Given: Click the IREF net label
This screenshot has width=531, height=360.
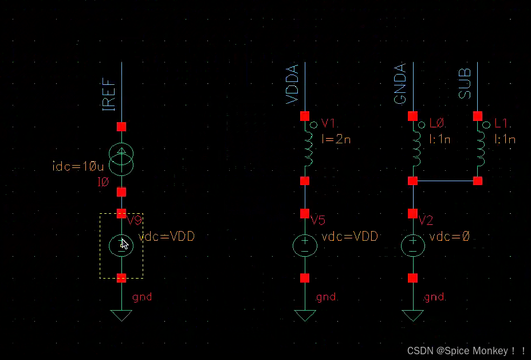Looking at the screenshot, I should pyautogui.click(x=109, y=95).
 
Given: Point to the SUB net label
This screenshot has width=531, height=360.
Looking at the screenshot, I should pyautogui.click(x=465, y=84).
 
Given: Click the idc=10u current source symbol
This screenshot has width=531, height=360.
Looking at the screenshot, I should pyautogui.click(x=121, y=159).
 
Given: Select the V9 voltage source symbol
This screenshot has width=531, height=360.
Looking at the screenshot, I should pyautogui.click(x=121, y=246).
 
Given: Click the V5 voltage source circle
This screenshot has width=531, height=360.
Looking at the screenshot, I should pyautogui.click(x=305, y=246).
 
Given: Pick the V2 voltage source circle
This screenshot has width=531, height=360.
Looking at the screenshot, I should pyautogui.click(x=412, y=246).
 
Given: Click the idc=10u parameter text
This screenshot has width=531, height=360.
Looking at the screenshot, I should pyautogui.click(x=77, y=167).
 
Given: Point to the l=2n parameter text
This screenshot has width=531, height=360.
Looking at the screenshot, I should pyautogui.click(x=336, y=139).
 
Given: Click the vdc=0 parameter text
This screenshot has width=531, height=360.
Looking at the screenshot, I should pyautogui.click(x=449, y=236).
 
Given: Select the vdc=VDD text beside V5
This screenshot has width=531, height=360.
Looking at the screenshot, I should pyautogui.click(x=350, y=236).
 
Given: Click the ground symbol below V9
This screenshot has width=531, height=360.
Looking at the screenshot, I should pyautogui.click(x=121, y=315).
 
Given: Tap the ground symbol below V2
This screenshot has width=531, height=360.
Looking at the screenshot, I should pyautogui.click(x=412, y=315).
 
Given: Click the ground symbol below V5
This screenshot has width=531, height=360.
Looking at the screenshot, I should pyautogui.click(x=305, y=315).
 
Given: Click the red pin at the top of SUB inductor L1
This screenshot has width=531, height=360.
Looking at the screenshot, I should pyautogui.click(x=478, y=116).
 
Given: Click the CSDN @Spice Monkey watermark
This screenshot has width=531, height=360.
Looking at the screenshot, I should pyautogui.click(x=466, y=351).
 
